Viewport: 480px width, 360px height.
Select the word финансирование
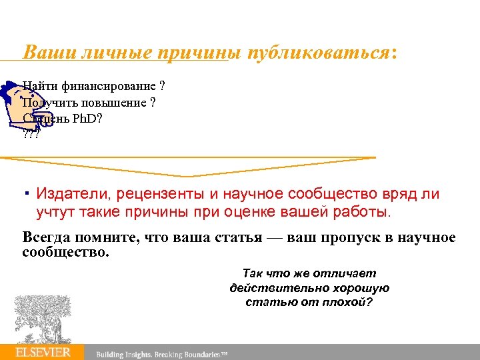coord(107,86)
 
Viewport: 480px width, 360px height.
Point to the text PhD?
coord(86,118)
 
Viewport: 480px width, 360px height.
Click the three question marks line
coord(31,133)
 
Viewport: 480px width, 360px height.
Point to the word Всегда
coord(46,238)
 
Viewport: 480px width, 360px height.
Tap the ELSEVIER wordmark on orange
coord(43,352)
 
